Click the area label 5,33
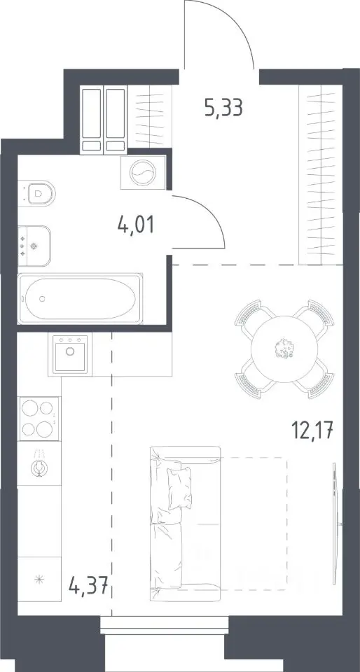click(x=224, y=108)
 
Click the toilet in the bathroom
click(x=38, y=193)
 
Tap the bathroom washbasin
click(x=34, y=246)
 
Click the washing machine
click(x=143, y=172)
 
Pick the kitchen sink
click(x=69, y=353)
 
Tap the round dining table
click(x=284, y=349)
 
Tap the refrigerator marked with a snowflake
click(x=39, y=580)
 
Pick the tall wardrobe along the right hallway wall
click(x=321, y=174)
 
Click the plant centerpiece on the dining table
click(x=284, y=348)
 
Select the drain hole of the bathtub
click(x=41, y=298)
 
